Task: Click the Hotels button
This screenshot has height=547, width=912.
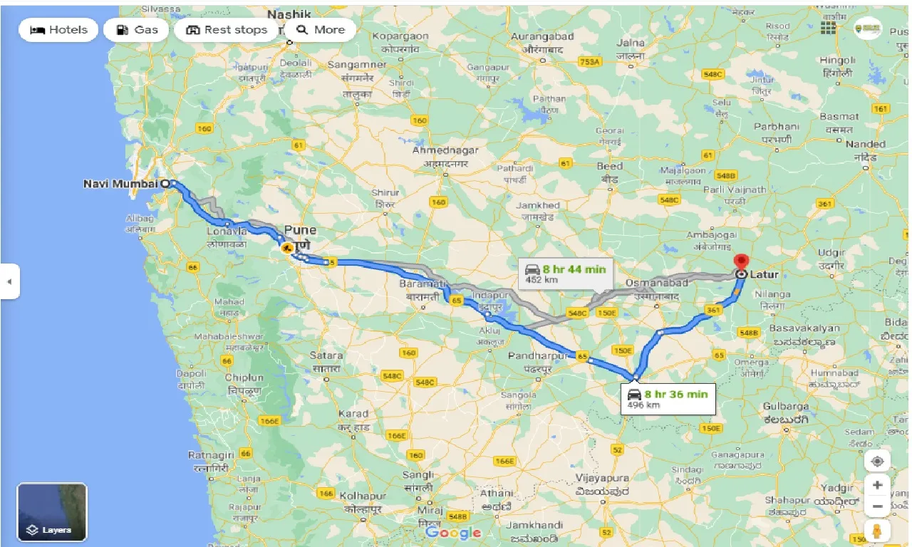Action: (59, 30)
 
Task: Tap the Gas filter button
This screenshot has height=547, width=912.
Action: (136, 30)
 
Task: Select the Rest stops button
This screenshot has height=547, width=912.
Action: (227, 30)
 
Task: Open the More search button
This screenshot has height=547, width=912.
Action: (321, 30)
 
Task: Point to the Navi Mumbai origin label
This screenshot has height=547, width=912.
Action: (120, 184)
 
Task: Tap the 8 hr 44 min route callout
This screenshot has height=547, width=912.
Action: (566, 273)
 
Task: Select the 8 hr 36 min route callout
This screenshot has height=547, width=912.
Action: (668, 397)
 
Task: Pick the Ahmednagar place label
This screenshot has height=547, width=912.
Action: (445, 151)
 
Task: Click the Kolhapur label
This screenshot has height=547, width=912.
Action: (363, 496)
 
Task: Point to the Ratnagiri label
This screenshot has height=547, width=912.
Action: (211, 454)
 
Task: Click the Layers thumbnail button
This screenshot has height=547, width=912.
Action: (52, 512)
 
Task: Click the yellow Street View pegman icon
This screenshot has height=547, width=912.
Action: (877, 531)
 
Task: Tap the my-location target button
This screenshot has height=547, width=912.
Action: (877, 461)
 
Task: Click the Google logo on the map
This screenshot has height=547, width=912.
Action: (453, 532)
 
